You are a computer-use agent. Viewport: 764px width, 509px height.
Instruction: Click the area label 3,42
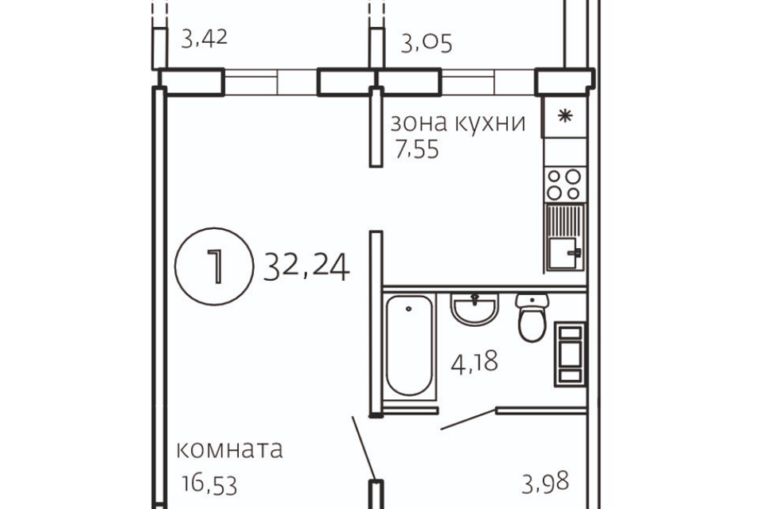(205, 37)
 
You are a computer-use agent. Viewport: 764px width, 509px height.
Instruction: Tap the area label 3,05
(427, 42)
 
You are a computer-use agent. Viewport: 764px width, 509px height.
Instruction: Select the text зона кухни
(458, 123)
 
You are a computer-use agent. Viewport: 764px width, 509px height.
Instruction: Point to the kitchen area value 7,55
(417, 150)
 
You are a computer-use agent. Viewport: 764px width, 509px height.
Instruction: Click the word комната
(230, 449)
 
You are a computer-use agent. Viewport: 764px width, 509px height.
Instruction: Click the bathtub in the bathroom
(409, 346)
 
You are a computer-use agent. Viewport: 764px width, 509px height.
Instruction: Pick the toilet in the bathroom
(531, 317)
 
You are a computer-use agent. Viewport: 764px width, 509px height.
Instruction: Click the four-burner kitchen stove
(564, 185)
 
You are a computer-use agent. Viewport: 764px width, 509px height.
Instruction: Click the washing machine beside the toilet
(570, 353)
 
